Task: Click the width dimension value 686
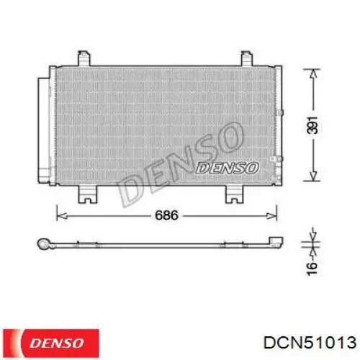click(x=166, y=215)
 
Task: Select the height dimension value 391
click(x=312, y=125)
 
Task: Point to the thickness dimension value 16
click(x=312, y=269)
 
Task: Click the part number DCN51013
click(x=310, y=342)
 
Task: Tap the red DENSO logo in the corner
click(x=51, y=343)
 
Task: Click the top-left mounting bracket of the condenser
click(x=84, y=58)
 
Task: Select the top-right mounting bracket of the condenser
click(x=247, y=58)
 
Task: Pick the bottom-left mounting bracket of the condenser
click(x=88, y=194)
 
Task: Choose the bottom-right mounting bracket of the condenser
click(x=235, y=194)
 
